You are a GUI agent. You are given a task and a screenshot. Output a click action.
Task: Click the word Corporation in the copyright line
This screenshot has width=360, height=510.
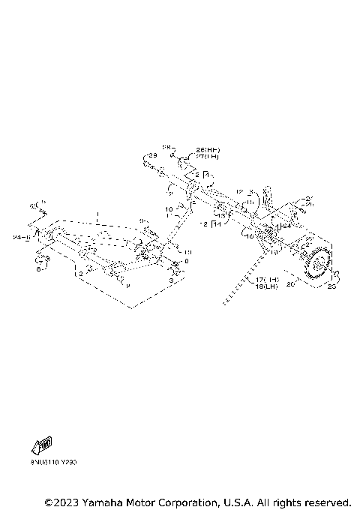tap(196, 502)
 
